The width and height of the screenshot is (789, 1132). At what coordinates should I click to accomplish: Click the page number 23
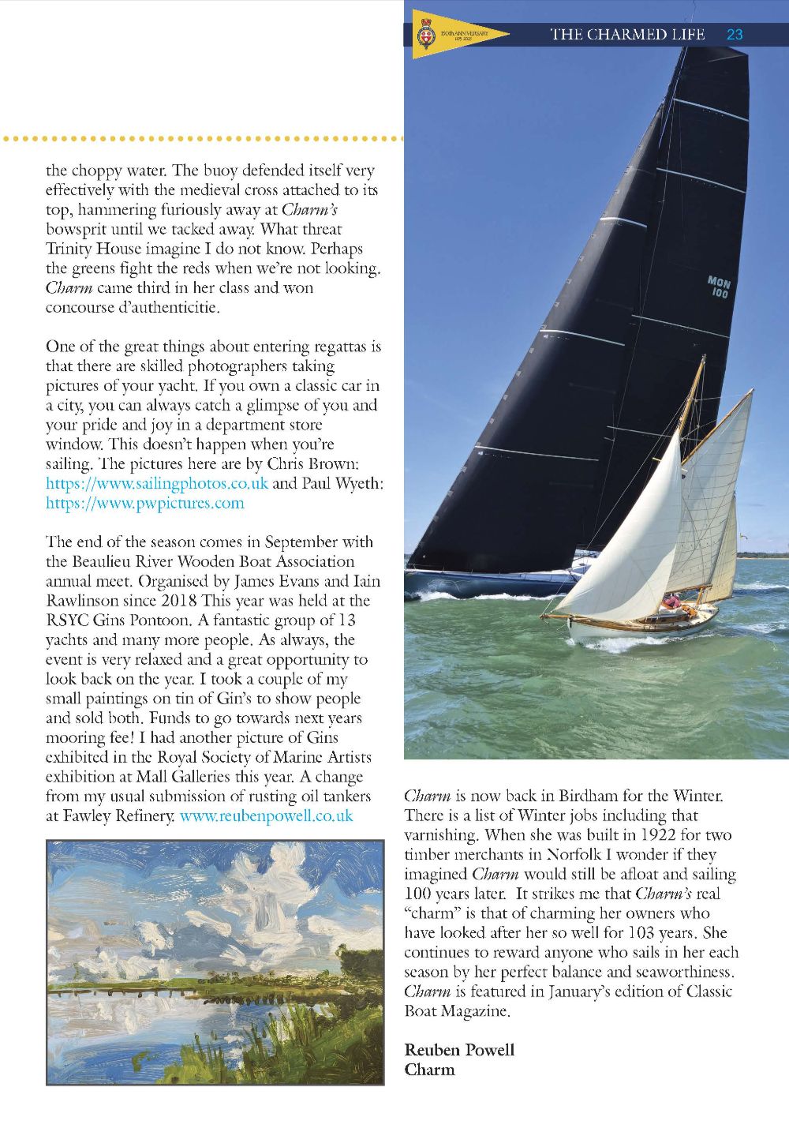[735, 34]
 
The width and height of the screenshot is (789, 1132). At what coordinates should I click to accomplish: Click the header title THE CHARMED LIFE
[630, 34]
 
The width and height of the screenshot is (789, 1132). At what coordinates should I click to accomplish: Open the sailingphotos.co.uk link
[157, 483]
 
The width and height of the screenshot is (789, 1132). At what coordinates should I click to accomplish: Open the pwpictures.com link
[145, 503]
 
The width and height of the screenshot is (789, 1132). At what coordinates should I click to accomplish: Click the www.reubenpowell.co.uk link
[266, 815]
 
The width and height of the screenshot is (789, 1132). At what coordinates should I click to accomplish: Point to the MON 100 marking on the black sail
[719, 287]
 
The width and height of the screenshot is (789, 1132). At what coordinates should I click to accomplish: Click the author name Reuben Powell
[459, 1050]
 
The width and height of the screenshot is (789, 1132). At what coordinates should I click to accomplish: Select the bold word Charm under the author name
[429, 1070]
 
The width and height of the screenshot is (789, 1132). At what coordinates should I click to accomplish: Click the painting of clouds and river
[215, 961]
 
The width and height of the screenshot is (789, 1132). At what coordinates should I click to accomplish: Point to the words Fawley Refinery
[110, 815]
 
